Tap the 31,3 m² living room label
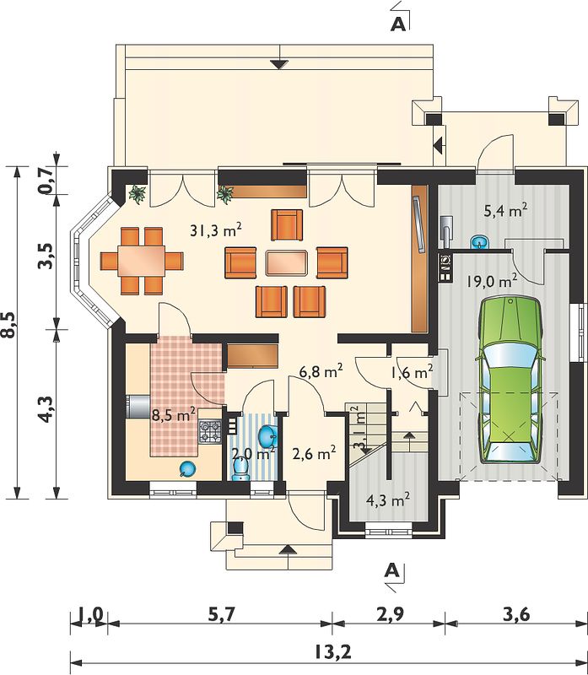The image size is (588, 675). point(215,230)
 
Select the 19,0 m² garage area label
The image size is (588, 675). point(492,282)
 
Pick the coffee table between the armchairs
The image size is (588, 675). point(287,263)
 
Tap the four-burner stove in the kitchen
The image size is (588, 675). point(209,432)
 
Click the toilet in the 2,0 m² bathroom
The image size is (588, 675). point(240,470)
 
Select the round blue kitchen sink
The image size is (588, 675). point(187,469)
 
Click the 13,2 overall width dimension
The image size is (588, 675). point(332,651)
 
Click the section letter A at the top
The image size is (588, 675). point(397,25)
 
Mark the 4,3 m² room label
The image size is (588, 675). point(387,500)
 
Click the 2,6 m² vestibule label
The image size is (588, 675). point(314,453)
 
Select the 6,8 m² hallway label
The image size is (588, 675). point(321,371)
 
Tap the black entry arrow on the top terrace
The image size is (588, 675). point(279,64)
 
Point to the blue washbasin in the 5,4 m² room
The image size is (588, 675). point(478,242)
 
